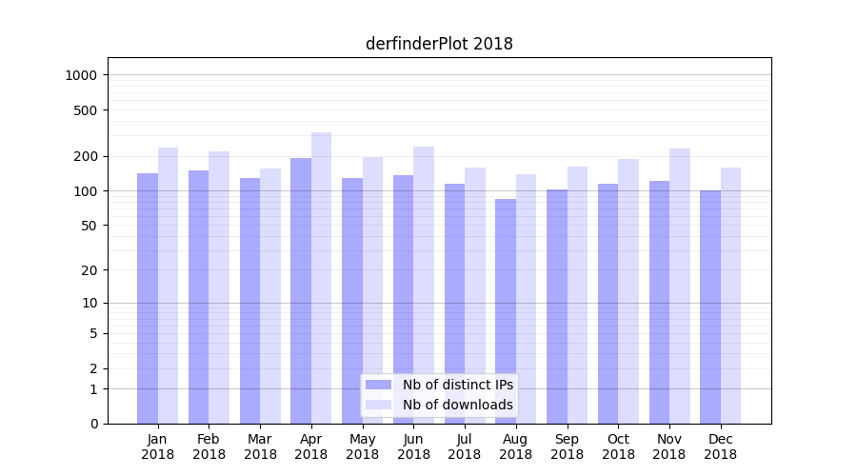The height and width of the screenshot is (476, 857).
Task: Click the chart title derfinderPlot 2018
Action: (x=439, y=44)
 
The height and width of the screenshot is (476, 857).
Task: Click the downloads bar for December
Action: (x=730, y=295)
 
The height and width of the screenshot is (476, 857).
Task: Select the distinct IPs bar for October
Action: (x=608, y=304)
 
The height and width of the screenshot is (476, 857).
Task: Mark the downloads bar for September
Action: (x=577, y=295)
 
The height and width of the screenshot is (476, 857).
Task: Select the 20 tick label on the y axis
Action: (x=90, y=270)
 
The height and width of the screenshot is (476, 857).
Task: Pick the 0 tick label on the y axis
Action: (x=93, y=424)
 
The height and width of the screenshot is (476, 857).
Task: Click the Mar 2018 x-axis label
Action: (x=260, y=446)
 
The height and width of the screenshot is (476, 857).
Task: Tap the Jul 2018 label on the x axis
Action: (x=465, y=446)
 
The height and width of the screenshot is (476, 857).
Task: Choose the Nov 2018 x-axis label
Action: (x=669, y=446)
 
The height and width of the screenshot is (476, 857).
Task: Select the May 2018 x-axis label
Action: (x=363, y=446)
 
